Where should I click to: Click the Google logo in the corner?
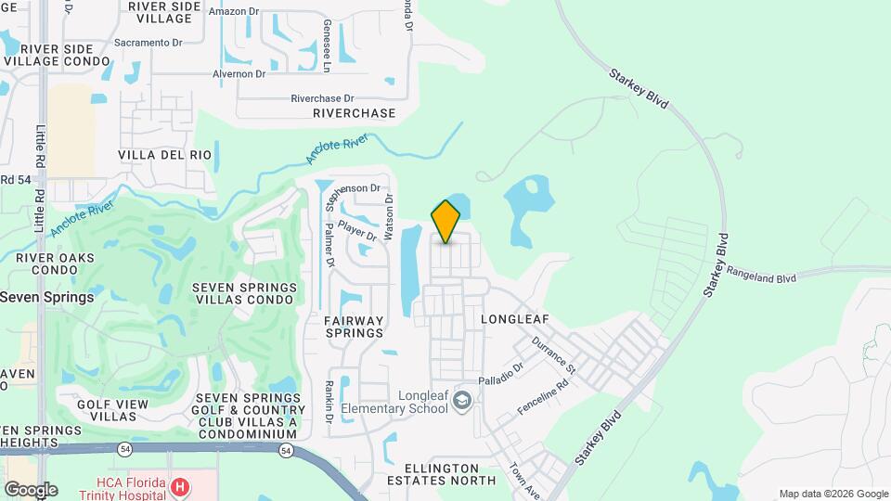coord(31,489)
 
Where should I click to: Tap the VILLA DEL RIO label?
coord(165,154)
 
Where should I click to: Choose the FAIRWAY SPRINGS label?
coord(354,327)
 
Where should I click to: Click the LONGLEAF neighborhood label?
coord(515,319)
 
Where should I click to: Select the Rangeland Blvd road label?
coord(762,277)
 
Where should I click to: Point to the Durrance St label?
coord(554,355)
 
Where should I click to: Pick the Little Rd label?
coord(40,153)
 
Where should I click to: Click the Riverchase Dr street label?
coord(322,97)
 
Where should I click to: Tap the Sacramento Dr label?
coord(148,43)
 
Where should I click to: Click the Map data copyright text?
coord(833,494)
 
